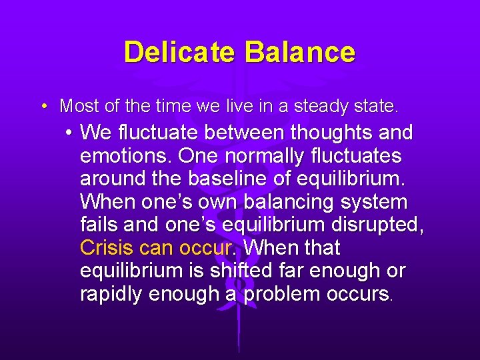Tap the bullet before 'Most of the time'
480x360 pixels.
pyautogui.click(x=43, y=106)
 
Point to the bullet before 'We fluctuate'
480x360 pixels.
pyautogui.click(x=69, y=133)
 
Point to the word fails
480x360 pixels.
pyautogui.click(x=98, y=225)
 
